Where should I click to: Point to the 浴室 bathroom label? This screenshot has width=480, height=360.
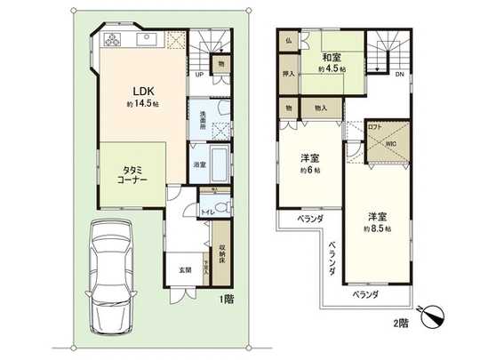pyautogui.click(x=200, y=164)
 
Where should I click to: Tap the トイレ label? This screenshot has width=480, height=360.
pyautogui.click(x=205, y=213)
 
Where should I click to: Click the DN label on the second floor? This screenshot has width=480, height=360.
pyautogui.click(x=399, y=75)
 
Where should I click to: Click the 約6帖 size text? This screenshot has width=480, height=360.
pyautogui.click(x=310, y=171)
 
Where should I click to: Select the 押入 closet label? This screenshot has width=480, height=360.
pyautogui.click(x=288, y=75)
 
